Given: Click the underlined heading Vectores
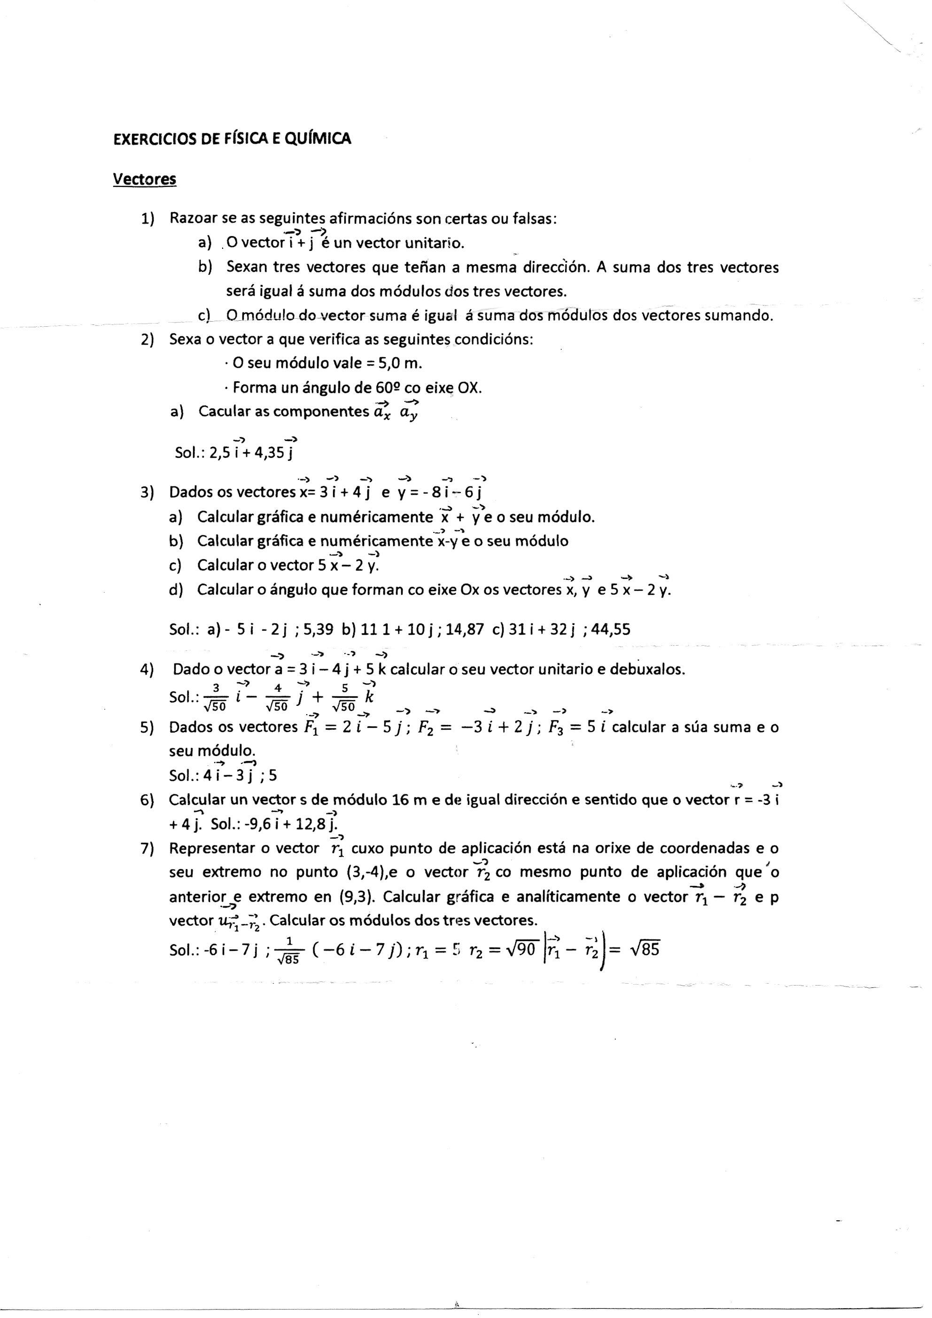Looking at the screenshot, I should [x=144, y=179].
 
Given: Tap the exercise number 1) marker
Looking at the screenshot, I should [x=148, y=219].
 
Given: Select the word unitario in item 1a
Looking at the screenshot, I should [x=434, y=243].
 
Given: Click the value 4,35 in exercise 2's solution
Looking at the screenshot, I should [x=269, y=453].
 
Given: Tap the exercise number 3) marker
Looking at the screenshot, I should [x=148, y=493].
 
